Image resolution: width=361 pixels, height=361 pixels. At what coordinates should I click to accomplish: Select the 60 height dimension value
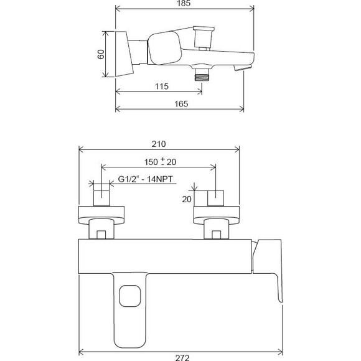coord(100,54)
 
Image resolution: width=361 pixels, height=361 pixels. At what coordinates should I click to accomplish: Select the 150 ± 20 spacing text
coord(159,162)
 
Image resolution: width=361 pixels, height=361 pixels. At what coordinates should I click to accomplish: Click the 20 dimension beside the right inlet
coord(186,199)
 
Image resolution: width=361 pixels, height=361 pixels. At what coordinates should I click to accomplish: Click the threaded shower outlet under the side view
coord(201,75)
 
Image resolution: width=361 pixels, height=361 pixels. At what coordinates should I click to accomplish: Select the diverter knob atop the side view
coord(202,37)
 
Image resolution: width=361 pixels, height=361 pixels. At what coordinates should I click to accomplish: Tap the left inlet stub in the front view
coord(101,199)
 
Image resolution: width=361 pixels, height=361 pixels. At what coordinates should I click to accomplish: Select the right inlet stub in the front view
coord(215,199)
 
